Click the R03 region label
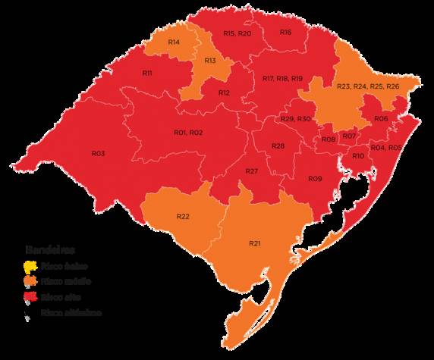(x=98, y=153)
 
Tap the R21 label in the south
(x=254, y=243)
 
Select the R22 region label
(x=183, y=217)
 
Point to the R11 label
(x=147, y=73)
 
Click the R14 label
(x=174, y=41)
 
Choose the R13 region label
(x=209, y=60)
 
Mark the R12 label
(x=224, y=92)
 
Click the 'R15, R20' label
(x=237, y=34)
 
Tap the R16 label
(x=285, y=33)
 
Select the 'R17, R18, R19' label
(x=283, y=79)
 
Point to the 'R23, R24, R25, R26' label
(x=366, y=87)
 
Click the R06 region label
(x=381, y=120)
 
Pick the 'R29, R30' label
(x=296, y=120)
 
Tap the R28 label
(x=278, y=146)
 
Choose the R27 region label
(x=252, y=172)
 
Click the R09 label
(x=316, y=178)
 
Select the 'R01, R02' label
(x=188, y=133)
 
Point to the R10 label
(x=358, y=155)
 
